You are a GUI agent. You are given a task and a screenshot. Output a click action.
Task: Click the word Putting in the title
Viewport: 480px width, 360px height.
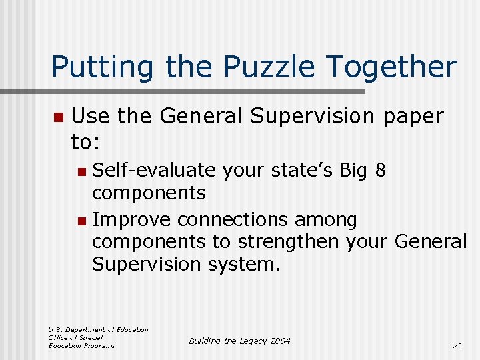100,67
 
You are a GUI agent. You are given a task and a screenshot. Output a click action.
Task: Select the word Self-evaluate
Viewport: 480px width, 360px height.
154,171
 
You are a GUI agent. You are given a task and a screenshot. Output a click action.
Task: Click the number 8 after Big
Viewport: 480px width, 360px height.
381,171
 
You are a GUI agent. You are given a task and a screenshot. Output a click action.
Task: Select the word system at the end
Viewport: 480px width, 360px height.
242,264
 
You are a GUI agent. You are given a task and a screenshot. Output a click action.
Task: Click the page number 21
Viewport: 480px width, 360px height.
457,345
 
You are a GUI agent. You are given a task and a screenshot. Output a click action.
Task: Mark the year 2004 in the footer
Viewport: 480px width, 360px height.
281,341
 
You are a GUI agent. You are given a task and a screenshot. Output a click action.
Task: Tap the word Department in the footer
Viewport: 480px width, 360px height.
85,329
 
